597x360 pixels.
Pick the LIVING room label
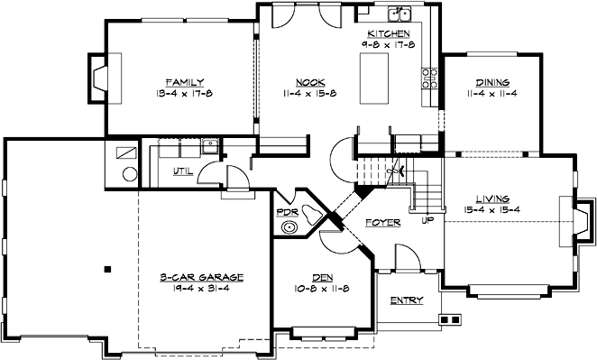(x=492, y=198)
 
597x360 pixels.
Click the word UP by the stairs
(x=427, y=218)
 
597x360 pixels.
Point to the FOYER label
(x=382, y=221)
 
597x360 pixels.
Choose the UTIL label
(x=182, y=171)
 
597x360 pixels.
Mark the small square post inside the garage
(x=106, y=268)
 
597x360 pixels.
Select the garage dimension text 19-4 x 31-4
(x=204, y=289)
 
